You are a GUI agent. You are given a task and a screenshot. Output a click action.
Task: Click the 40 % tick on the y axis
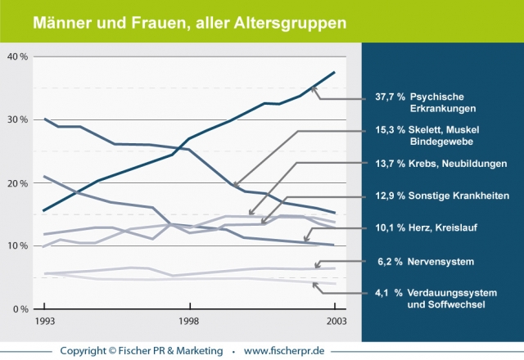(17, 56)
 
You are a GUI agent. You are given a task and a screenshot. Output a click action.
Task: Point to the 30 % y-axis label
(17, 119)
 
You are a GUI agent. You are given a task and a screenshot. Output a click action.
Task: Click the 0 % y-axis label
(20, 308)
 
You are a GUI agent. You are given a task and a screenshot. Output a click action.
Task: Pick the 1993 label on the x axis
(44, 322)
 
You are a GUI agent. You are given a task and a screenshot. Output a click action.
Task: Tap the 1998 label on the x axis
(189, 322)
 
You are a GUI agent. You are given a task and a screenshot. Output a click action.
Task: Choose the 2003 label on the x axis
(335, 322)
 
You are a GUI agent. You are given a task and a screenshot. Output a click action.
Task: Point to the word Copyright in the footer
(87, 350)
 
